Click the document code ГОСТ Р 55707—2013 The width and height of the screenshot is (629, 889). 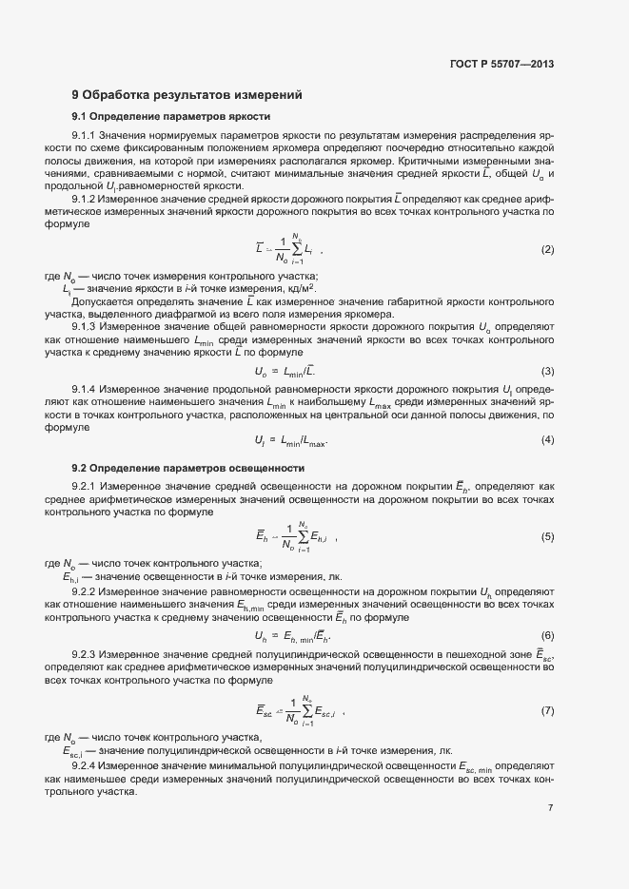coord(501,66)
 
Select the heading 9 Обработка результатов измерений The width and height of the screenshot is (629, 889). coord(187,95)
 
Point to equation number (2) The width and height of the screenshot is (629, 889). coord(547,250)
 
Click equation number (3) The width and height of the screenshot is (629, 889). coord(547,371)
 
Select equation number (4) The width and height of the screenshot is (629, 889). coord(547,439)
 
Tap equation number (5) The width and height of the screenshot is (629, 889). coord(547,537)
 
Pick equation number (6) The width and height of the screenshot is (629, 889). coord(547,635)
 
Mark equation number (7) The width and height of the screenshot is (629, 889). coord(547,711)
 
